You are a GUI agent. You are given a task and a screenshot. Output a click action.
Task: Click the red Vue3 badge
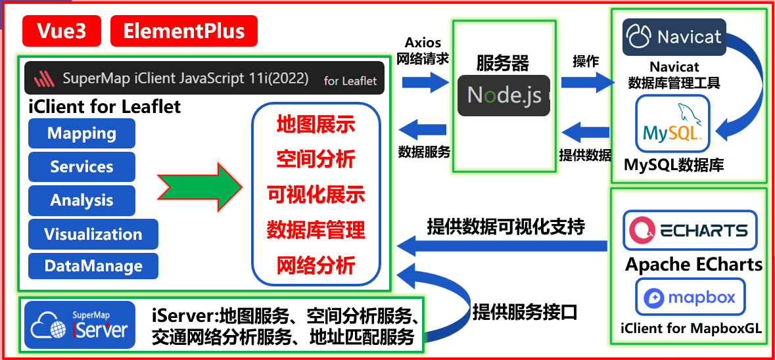pos(62,31)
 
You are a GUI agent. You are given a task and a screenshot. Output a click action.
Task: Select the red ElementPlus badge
pos(184,31)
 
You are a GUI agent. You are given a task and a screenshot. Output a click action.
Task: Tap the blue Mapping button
pos(82,133)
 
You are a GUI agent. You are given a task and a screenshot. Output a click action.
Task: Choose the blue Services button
pos(82,167)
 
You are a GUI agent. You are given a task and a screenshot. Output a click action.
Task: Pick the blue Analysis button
pos(82,200)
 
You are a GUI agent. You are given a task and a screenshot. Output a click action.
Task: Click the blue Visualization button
pos(93,234)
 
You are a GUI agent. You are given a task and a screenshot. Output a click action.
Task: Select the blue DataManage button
pos(93,267)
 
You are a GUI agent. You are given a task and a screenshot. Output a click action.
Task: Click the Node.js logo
pos(504,95)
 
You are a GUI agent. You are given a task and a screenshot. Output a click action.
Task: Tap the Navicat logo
pos(674,37)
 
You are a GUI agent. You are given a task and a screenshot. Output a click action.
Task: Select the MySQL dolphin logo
pos(672,124)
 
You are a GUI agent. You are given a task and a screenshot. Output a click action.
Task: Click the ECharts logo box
pos(690,230)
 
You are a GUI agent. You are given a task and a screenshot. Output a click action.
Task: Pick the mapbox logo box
pos(690,297)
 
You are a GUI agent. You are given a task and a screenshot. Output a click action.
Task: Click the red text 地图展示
pos(316,124)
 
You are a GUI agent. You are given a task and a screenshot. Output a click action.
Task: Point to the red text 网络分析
pos(316,265)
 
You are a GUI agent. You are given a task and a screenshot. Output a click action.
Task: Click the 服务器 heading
pos(502,63)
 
